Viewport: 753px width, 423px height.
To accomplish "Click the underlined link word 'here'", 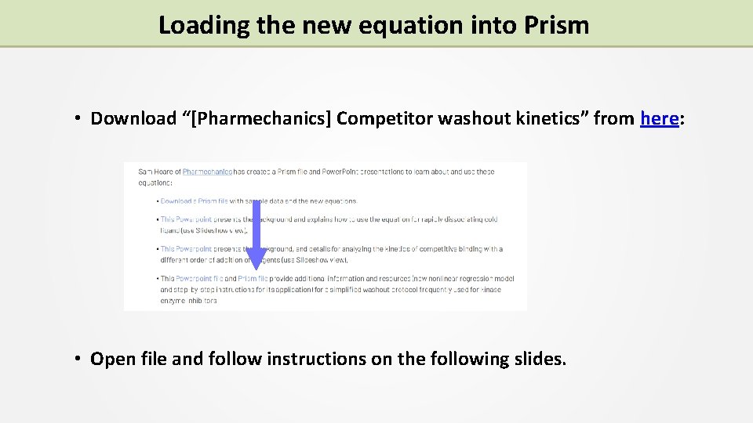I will pos(659,119).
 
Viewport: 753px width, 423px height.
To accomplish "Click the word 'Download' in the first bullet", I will pos(133,119).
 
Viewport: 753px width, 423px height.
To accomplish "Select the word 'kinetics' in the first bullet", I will pos(555,119).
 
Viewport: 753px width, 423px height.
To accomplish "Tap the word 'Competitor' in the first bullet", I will pos(384,119).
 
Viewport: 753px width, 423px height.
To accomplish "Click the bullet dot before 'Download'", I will pos(79,119).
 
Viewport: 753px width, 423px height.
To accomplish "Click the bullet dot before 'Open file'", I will pos(79,359).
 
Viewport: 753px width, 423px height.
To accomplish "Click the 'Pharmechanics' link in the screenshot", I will pos(207,172).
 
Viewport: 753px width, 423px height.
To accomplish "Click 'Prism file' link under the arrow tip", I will pos(253,278).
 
